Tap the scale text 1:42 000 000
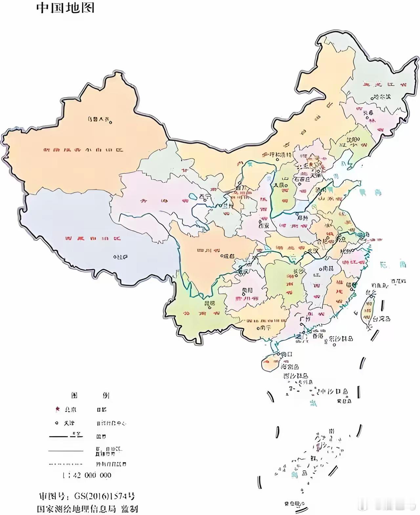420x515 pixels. click(87, 475)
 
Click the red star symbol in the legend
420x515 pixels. click(57, 409)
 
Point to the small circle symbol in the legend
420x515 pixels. click(57, 423)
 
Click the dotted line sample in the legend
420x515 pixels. click(66, 464)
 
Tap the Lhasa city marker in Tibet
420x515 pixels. click(115, 257)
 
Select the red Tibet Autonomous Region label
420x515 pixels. click(93, 238)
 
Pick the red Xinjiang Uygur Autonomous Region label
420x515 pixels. click(84, 150)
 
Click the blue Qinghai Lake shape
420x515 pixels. click(193, 197)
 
